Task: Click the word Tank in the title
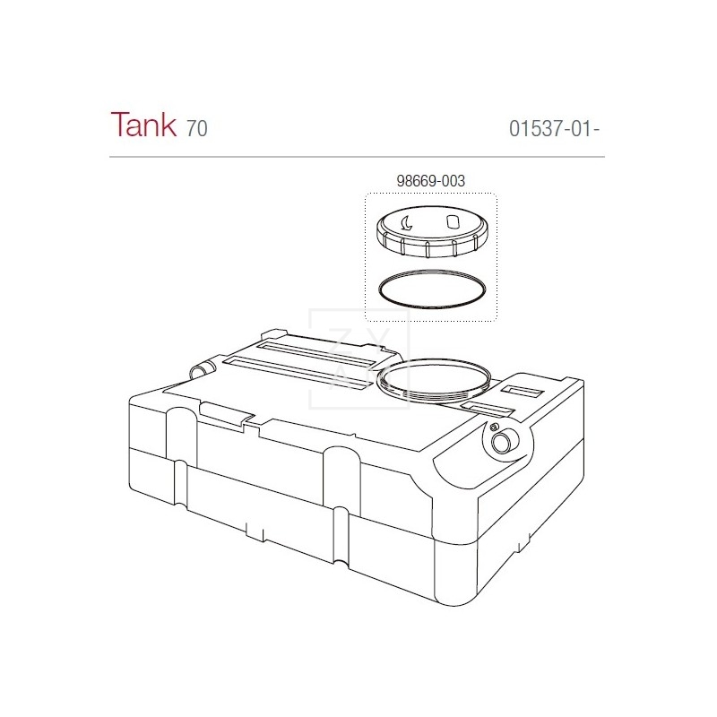pos(143,125)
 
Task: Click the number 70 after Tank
pos(197,128)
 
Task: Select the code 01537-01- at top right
pos(553,128)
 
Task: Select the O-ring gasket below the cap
pos(433,290)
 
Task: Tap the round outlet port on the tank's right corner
pos(505,440)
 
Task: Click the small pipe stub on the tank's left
pos(203,368)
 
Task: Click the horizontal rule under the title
pos(357,158)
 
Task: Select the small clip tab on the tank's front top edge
pos(225,413)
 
